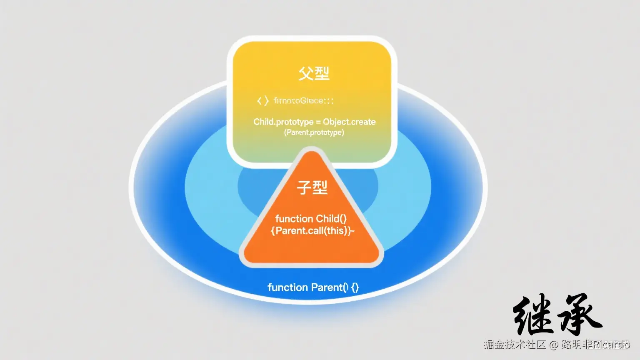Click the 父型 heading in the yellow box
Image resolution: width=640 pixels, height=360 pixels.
pyautogui.click(x=314, y=73)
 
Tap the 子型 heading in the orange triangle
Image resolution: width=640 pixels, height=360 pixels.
pyautogui.click(x=312, y=187)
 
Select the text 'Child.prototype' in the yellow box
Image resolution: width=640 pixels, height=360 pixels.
pyautogui.click(x=283, y=122)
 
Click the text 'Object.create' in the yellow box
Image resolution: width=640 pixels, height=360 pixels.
pyautogui.click(x=349, y=122)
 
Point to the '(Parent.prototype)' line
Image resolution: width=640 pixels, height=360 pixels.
pyautogui.click(x=314, y=132)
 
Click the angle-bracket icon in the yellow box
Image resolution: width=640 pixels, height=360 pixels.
pyautogui.click(x=263, y=101)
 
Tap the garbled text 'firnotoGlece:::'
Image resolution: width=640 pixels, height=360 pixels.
pyautogui.click(x=303, y=101)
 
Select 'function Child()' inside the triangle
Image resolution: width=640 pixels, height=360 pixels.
pyautogui.click(x=311, y=219)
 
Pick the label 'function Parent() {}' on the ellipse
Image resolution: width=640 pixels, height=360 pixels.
pyautogui.click(x=313, y=287)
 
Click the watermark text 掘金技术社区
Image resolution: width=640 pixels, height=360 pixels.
pyautogui.click(x=515, y=345)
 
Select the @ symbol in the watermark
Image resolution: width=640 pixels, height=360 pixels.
pyautogui.click(x=553, y=345)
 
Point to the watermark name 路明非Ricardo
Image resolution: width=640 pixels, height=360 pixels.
pyautogui.click(x=595, y=345)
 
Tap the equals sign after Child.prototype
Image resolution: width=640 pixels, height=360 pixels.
pyautogui.click(x=318, y=122)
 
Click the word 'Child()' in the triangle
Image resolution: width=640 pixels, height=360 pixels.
pyautogui.click(x=331, y=219)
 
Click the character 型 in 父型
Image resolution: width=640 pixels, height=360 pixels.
pyautogui.click(x=322, y=73)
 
